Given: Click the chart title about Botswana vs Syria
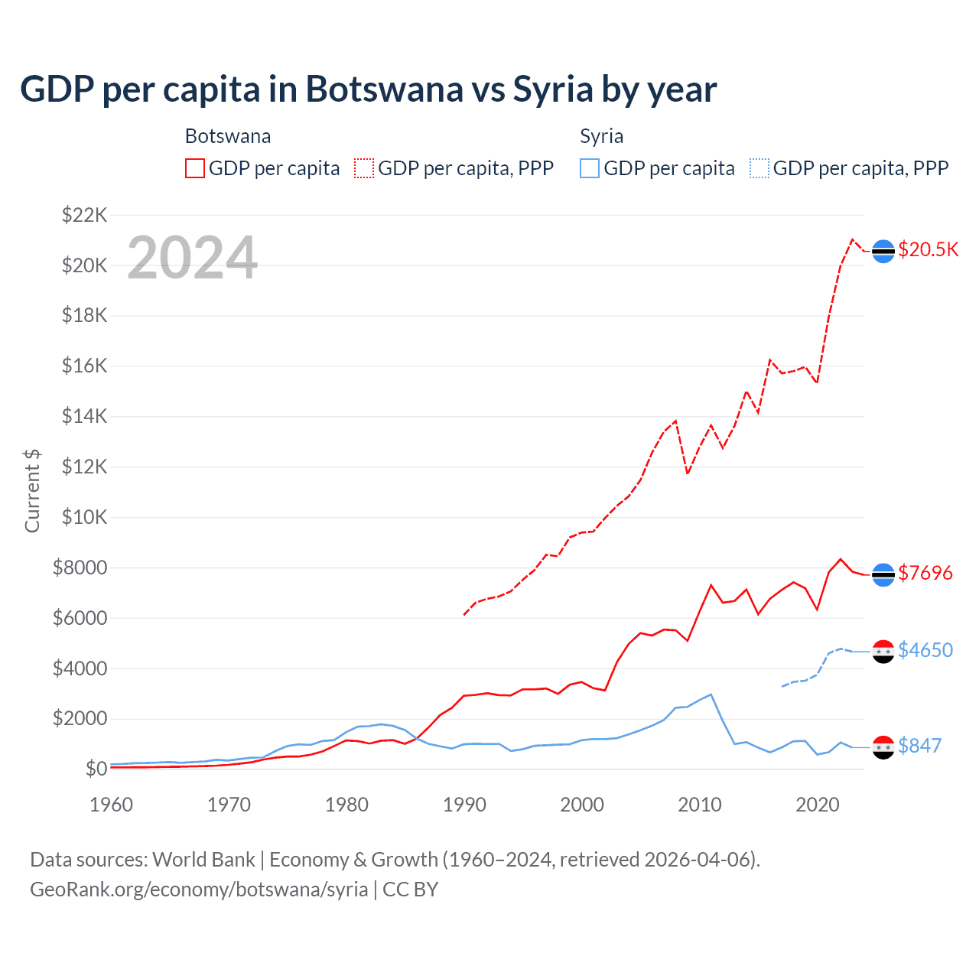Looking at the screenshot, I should point(368,89).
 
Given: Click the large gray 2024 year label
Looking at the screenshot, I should point(192,258).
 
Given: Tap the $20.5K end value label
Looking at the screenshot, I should point(928,250).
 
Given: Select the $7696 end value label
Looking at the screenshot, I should point(925,573).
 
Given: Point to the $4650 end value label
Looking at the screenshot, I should point(925,650).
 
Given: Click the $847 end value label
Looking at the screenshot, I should point(919,746).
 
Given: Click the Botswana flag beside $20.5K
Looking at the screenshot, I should point(883,251).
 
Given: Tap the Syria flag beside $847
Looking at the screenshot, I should point(883,747).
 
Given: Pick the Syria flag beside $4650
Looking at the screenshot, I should point(883,652).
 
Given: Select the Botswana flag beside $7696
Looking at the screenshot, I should point(883,574).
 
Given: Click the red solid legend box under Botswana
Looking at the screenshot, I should point(195,168).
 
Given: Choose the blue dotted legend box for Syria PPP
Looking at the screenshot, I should point(759,168).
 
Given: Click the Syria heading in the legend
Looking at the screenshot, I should point(601,136).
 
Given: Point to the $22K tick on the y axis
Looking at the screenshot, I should point(84,215).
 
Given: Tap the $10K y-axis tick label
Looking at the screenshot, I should point(84,517).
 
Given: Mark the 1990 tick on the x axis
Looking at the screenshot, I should point(464,805).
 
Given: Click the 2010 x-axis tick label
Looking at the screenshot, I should point(700,805).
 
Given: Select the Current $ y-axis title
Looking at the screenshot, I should point(32,490).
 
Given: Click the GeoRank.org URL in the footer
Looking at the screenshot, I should point(199,890).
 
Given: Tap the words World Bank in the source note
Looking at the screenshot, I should point(203,860).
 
